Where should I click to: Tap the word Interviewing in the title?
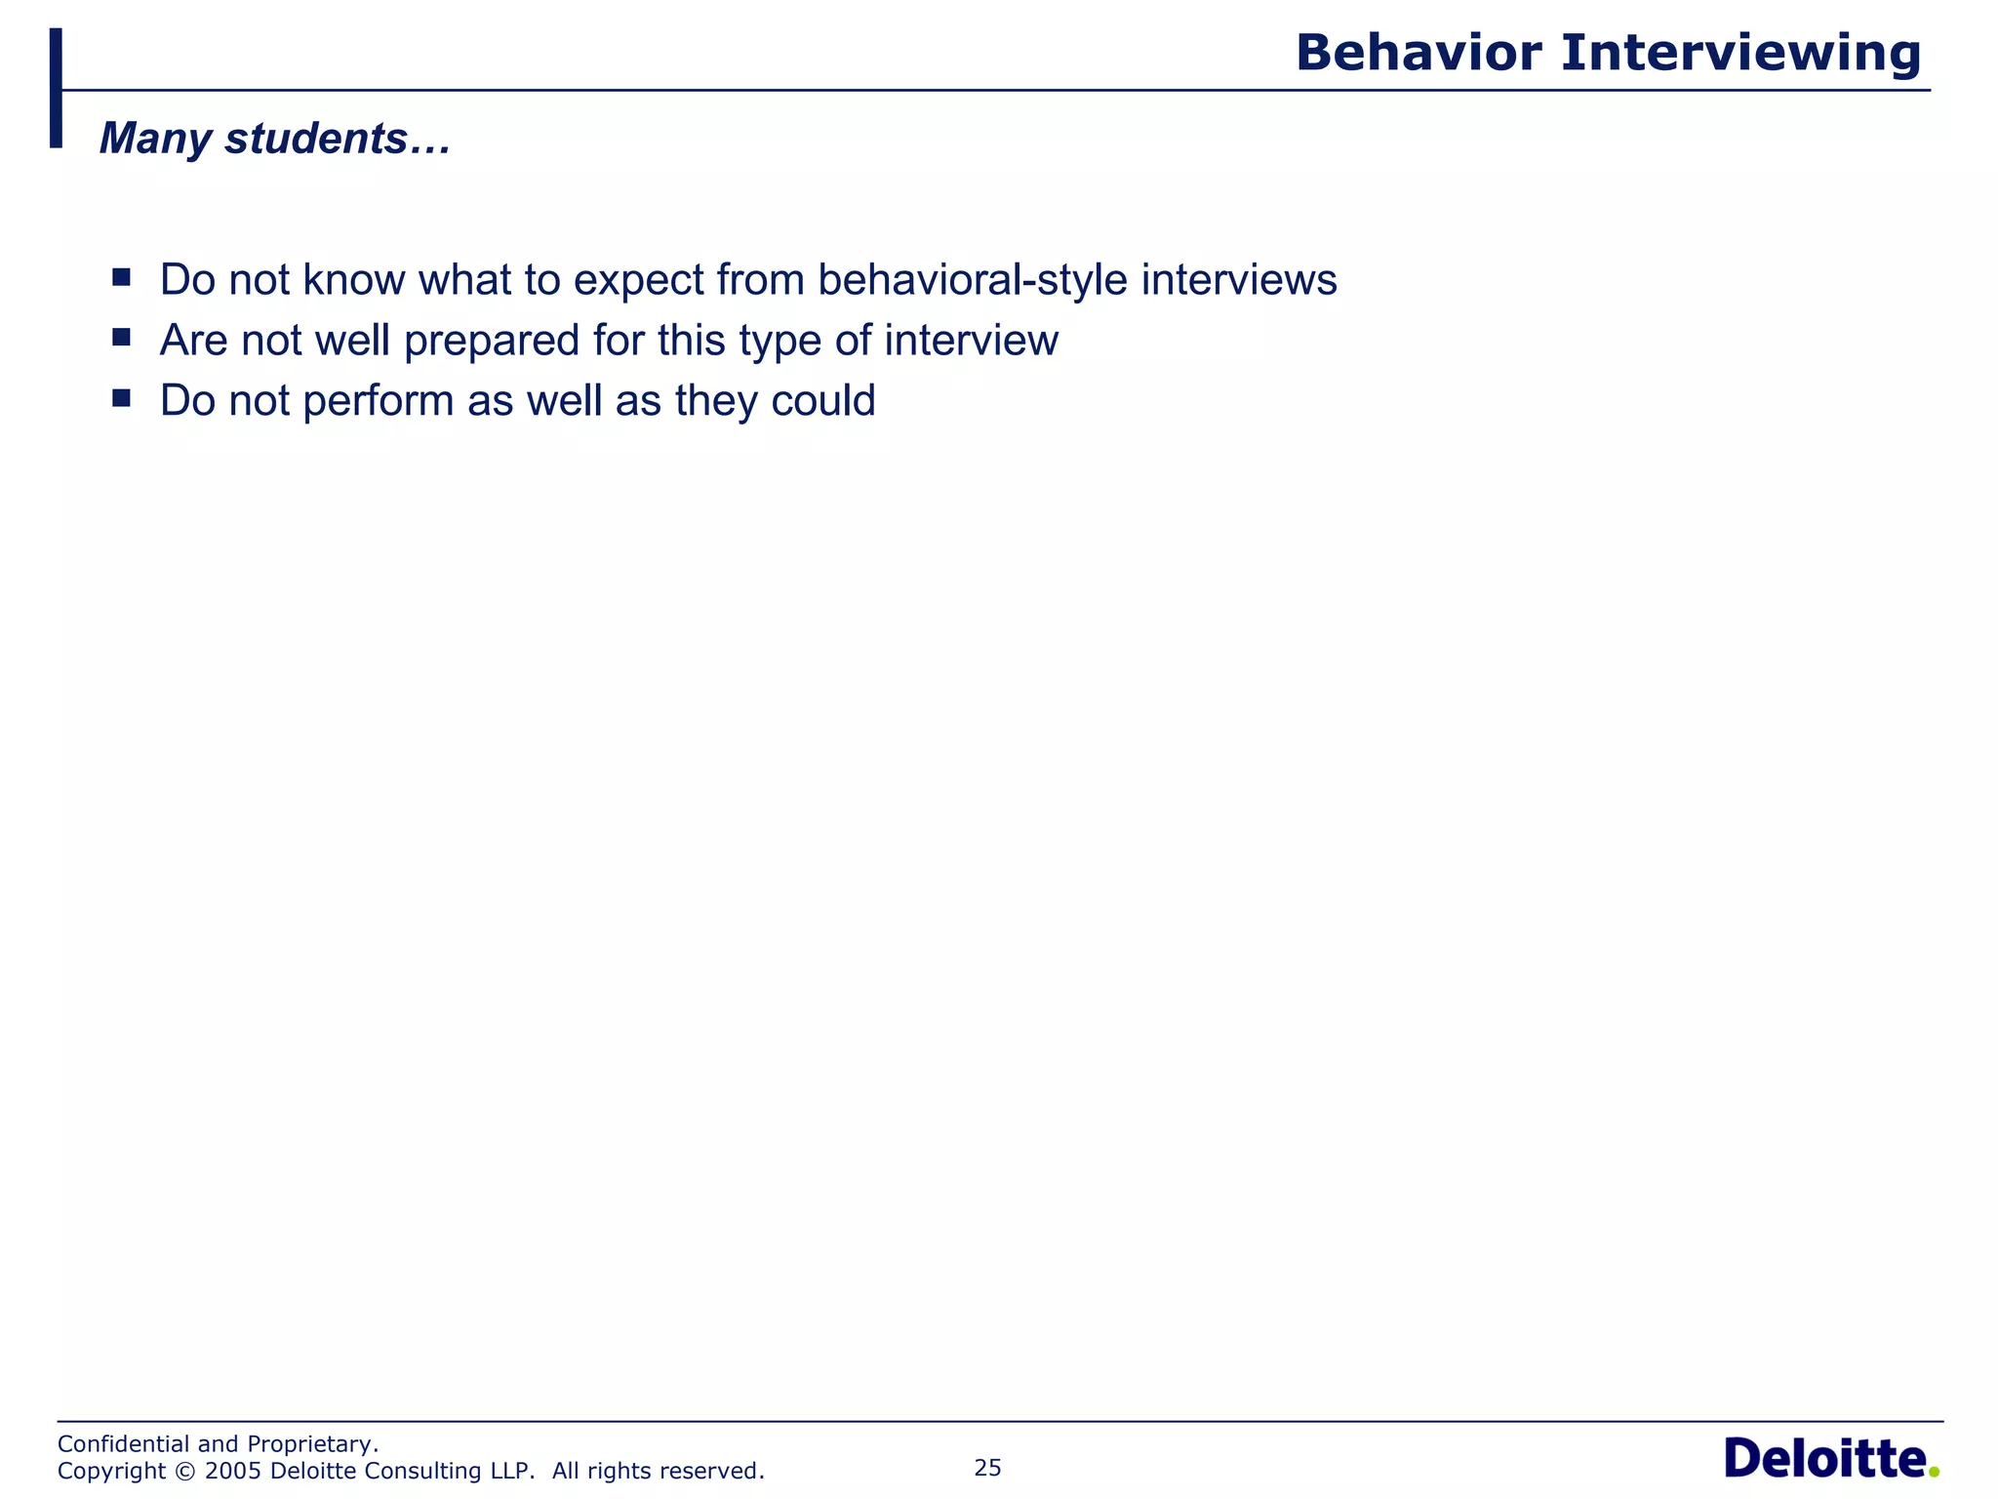coord(1740,55)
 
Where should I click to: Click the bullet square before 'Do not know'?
coord(121,277)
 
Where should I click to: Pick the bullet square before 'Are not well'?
coord(121,338)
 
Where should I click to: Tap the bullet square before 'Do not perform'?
coord(121,398)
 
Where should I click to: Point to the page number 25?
coord(987,1468)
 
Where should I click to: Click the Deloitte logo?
coord(1824,1460)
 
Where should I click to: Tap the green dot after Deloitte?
coord(1934,1472)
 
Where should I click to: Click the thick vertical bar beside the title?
coord(56,88)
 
